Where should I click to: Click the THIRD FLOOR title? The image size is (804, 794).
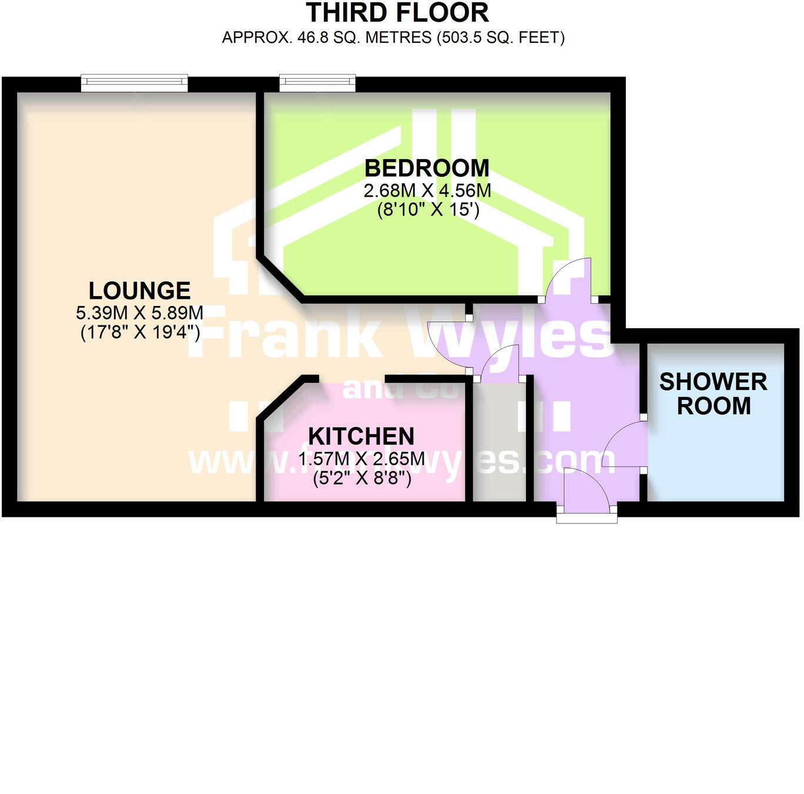[x=397, y=13]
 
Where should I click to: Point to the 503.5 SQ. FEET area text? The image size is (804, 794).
[x=500, y=38]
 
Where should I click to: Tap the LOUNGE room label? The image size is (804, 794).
[x=139, y=291]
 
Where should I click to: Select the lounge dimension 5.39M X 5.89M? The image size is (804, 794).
[x=139, y=312]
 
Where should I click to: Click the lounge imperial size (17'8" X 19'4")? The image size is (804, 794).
[x=140, y=332]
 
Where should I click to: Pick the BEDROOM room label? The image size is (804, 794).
[x=427, y=169]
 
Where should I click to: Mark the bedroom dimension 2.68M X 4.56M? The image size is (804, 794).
[x=427, y=190]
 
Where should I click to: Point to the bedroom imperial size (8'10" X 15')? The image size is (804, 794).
[x=428, y=209]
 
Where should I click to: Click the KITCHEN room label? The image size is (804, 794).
[x=361, y=436]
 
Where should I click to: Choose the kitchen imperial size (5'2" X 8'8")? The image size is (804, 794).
[x=361, y=478]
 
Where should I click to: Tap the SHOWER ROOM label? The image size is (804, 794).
[x=713, y=393]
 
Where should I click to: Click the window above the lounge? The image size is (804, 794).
[x=134, y=83]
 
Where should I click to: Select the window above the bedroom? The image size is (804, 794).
[x=317, y=83]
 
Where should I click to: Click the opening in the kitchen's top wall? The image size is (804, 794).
[x=352, y=379]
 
